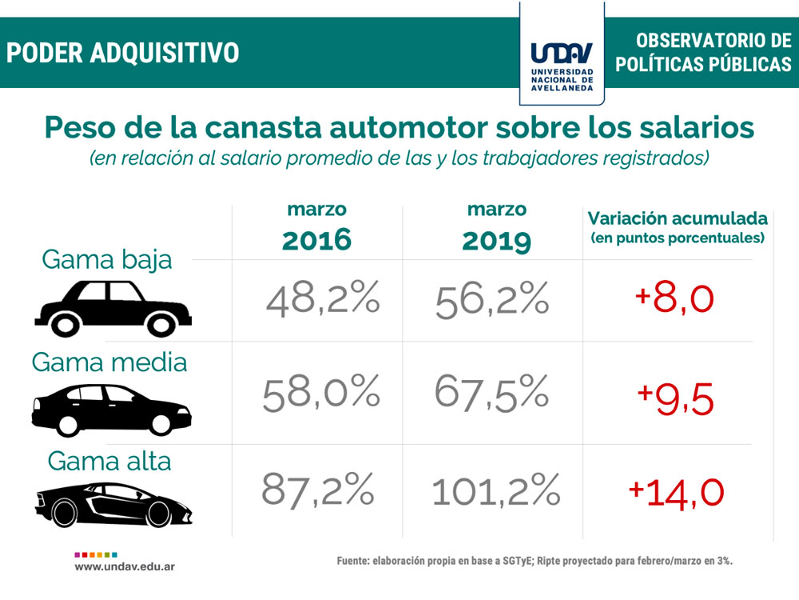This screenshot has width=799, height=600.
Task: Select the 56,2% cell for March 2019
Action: (492, 300)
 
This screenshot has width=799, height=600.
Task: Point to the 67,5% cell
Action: (492, 394)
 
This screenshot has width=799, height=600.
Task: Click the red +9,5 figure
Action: (675, 398)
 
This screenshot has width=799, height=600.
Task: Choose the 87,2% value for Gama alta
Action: (318, 489)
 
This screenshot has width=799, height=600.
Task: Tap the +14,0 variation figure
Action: (677, 490)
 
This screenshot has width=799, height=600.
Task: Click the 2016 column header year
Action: (317, 238)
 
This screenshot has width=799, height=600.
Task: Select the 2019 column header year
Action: (496, 238)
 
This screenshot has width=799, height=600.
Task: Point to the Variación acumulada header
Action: (678, 218)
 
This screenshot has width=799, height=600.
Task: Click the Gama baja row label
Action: (106, 260)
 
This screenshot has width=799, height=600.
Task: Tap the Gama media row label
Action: (109, 362)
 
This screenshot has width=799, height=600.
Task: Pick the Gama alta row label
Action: (109, 462)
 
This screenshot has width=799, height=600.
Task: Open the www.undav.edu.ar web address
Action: (125, 566)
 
